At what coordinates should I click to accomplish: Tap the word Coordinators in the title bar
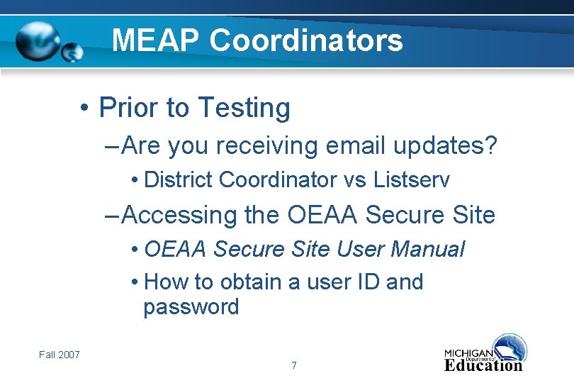pos(306,40)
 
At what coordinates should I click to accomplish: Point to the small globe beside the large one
pos(72,52)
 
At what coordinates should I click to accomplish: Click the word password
pos(191,308)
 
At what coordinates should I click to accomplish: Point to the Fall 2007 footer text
pos(60,355)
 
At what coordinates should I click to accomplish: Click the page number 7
pos(293,366)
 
